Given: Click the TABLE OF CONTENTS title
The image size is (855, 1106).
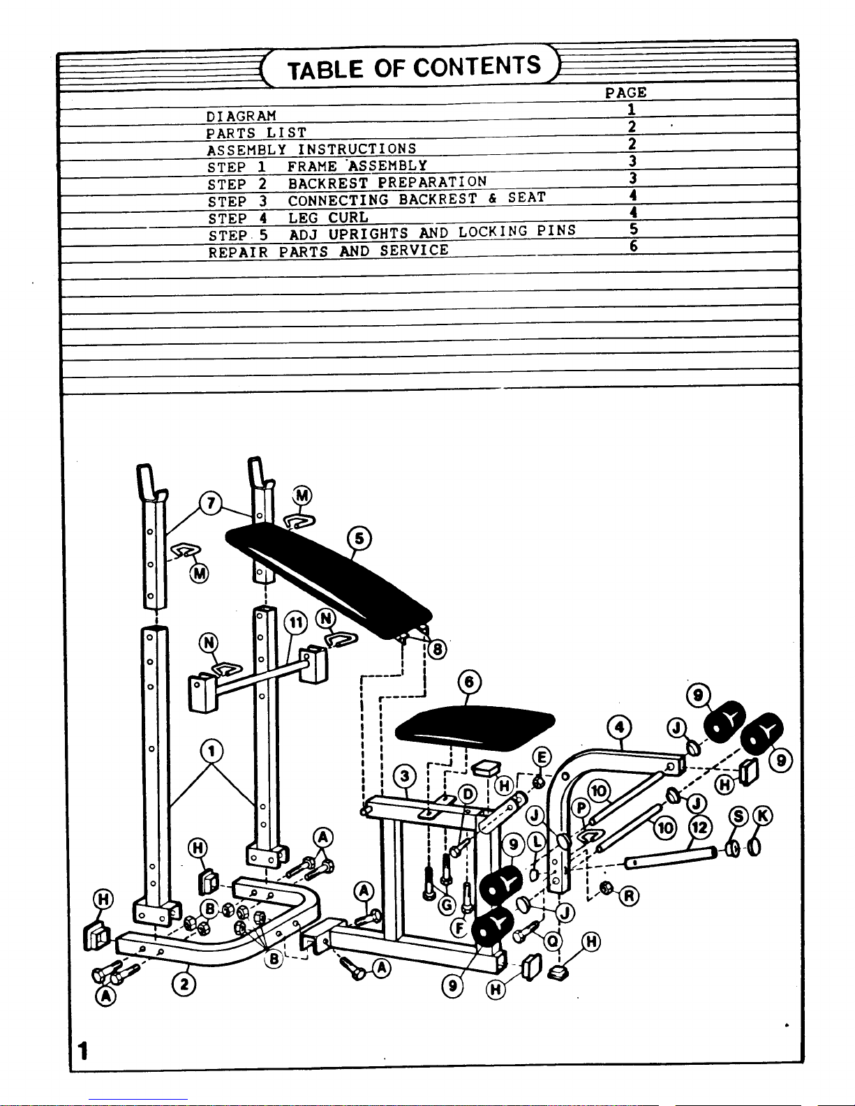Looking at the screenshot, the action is coord(414,68).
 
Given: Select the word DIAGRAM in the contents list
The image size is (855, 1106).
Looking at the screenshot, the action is coord(241,116).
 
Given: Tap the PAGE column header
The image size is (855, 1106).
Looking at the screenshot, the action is coord(625,93).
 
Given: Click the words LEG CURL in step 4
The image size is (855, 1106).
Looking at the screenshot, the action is coord(328,218).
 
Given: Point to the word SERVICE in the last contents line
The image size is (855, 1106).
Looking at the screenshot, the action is coord(415,251).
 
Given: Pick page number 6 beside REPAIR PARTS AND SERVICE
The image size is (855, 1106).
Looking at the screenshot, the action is coord(633,246).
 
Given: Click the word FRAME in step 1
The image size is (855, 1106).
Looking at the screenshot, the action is coord(312,167).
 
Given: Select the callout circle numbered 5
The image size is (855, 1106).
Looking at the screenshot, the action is coord(359,539).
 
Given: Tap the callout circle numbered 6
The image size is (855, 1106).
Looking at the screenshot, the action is coord(469,682).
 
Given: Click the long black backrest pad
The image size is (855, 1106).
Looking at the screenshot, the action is coord(329,580).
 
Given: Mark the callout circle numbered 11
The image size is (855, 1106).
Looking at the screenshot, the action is coord(296,622).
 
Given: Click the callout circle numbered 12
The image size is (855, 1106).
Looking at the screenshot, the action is coord(700,828).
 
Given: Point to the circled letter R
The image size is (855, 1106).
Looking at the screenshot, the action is coord(629,896).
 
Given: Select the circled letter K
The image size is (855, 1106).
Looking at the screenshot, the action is coord(762,816).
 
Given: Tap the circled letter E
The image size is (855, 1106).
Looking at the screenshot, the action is coord(542,757).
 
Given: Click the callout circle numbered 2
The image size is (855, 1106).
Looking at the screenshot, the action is coord(184,984).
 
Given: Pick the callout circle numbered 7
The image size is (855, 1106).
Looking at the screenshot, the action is coord(210,503).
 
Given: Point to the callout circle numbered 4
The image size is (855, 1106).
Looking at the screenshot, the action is coord(619,727).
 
